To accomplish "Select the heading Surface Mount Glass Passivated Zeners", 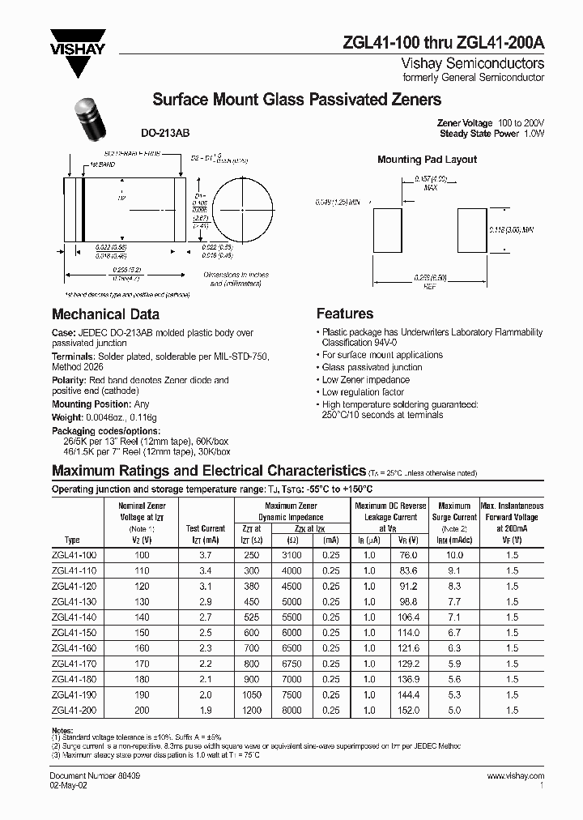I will tap(296, 100).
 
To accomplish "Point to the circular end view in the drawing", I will tap(243, 207).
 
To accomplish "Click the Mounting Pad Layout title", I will tap(427, 160).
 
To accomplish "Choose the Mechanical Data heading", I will tap(105, 314).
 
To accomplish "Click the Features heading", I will tap(344, 314).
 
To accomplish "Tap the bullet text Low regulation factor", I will tap(364, 392).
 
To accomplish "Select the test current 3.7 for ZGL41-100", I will tap(205, 555).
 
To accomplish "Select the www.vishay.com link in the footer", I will tap(516, 775).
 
